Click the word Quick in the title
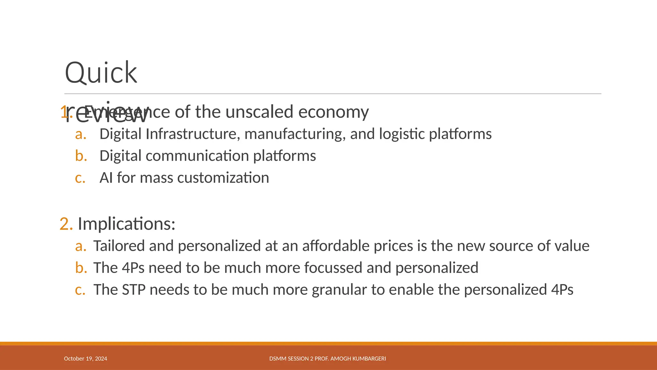tap(101, 73)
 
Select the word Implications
tap(126, 224)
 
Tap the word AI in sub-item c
tap(106, 178)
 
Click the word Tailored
tap(118, 246)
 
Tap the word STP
tap(133, 290)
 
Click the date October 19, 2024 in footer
tap(85, 359)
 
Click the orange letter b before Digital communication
tap(81, 156)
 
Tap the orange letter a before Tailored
tap(81, 246)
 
